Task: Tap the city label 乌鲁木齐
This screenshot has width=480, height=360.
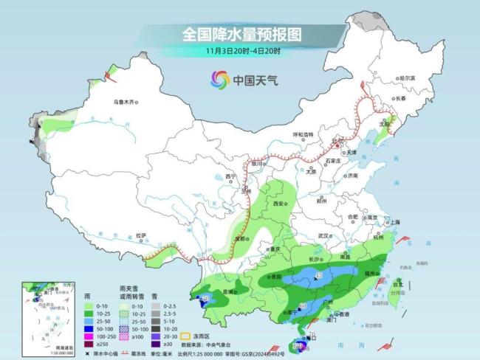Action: pyautogui.click(x=125, y=102)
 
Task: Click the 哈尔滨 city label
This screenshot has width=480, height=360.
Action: pyautogui.click(x=401, y=77)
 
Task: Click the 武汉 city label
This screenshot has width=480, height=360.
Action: pyautogui.click(x=322, y=235)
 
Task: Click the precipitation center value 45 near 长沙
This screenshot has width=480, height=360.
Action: pyautogui.click(x=318, y=276)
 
